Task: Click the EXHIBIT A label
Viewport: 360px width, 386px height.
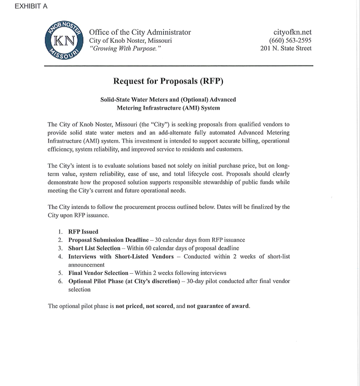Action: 31,6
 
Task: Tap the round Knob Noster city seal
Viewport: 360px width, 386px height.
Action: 65,42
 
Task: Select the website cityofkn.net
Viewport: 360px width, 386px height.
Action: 292,32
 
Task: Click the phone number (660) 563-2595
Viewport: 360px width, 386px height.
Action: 290,41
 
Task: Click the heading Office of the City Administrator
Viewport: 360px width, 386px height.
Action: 140,32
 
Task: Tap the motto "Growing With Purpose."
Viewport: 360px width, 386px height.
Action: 125,48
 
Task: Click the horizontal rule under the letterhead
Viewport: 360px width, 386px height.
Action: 178,66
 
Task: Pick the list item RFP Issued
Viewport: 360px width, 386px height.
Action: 83,232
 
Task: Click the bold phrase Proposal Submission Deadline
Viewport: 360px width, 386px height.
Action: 108,240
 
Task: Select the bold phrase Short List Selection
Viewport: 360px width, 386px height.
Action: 94,249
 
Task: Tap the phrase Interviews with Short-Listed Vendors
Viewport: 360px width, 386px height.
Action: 121,257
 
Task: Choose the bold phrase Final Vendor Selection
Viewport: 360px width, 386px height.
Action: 98,273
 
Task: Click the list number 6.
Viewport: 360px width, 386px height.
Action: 60,282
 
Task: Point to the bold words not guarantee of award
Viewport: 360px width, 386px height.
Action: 218,306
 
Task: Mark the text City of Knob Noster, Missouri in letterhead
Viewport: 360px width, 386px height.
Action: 130,41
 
